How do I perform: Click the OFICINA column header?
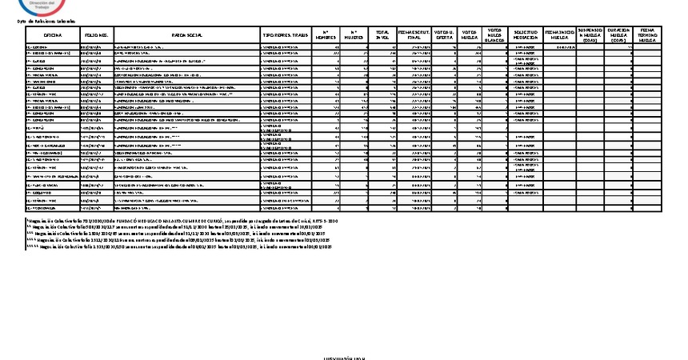[x=53, y=36]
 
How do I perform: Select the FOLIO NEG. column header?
[x=97, y=36]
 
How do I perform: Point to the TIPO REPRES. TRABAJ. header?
[x=286, y=36]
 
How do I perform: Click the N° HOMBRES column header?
[x=326, y=36]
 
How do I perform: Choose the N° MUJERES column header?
[x=354, y=36]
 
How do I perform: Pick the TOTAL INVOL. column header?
[x=382, y=36]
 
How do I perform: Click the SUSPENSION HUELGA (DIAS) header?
[x=590, y=35]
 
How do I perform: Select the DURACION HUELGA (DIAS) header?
[x=618, y=35]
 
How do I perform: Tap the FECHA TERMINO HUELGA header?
[x=647, y=35]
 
